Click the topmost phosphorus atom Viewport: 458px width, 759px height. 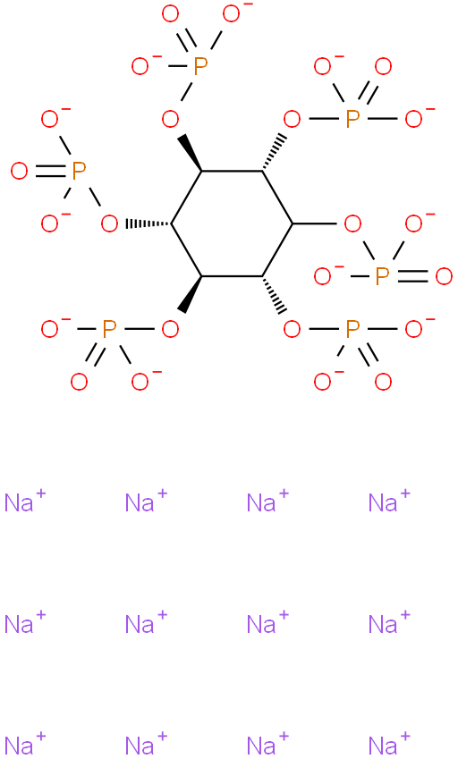(x=200, y=66)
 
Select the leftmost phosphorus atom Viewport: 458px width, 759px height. (x=79, y=172)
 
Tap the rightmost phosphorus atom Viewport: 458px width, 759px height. (x=383, y=276)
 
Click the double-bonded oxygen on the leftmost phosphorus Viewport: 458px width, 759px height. (x=20, y=172)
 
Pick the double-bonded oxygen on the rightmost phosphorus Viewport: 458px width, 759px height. (x=444, y=276)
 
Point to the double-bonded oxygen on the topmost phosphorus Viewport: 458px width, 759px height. (x=171, y=14)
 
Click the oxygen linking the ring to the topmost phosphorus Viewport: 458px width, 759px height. (x=171, y=119)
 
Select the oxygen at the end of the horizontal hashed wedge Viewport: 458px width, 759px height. (x=109, y=224)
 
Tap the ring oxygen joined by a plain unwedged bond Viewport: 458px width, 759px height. (x=352, y=224)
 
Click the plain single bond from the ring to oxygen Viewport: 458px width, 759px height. (x=315, y=224)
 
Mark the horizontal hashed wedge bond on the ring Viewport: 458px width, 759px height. (x=148, y=224)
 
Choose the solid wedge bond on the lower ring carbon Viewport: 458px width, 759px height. (x=190, y=294)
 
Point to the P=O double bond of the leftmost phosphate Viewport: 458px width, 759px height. (x=49, y=172)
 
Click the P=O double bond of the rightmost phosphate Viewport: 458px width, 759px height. (x=412, y=276)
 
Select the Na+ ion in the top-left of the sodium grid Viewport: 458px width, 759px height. (x=25, y=502)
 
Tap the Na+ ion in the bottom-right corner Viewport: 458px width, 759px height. (x=389, y=745)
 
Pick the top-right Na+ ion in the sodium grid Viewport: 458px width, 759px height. (x=389, y=502)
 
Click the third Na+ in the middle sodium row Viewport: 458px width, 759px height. (x=267, y=623)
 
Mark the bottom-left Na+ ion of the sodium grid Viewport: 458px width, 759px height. (x=25, y=745)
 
